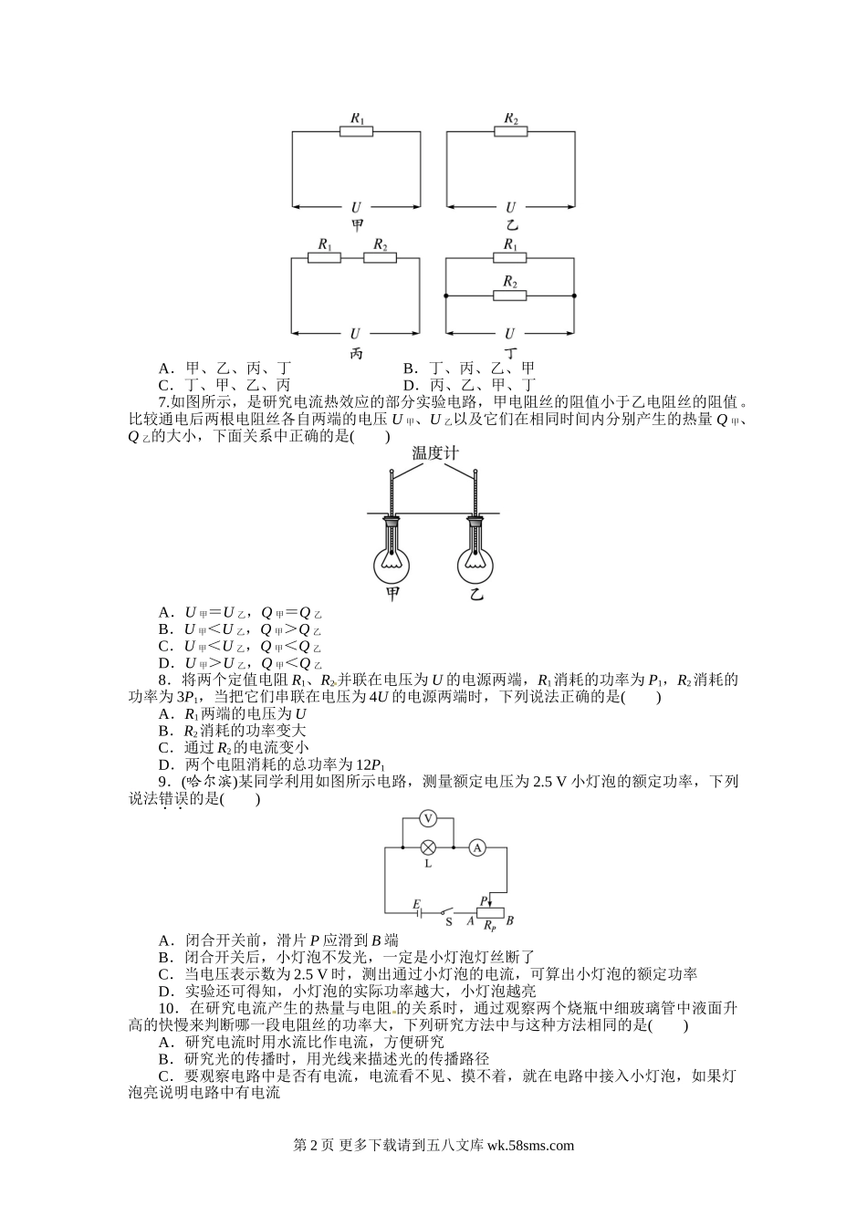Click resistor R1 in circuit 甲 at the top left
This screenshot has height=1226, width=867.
tap(356, 132)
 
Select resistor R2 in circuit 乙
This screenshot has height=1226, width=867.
tap(510, 132)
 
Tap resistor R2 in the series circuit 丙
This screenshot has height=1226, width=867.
tap(380, 258)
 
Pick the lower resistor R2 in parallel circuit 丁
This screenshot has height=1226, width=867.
tap(510, 296)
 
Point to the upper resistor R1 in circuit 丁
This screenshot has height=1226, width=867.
tap(510, 258)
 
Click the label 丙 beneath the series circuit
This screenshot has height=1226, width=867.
tap(356, 353)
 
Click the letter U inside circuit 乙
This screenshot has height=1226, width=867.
tap(510, 208)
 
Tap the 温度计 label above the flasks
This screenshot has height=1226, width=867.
tap(433, 453)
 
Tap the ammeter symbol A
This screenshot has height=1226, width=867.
tap(475, 848)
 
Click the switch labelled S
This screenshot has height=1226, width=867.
tap(446, 910)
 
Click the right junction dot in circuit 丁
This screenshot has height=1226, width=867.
tap(575, 296)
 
